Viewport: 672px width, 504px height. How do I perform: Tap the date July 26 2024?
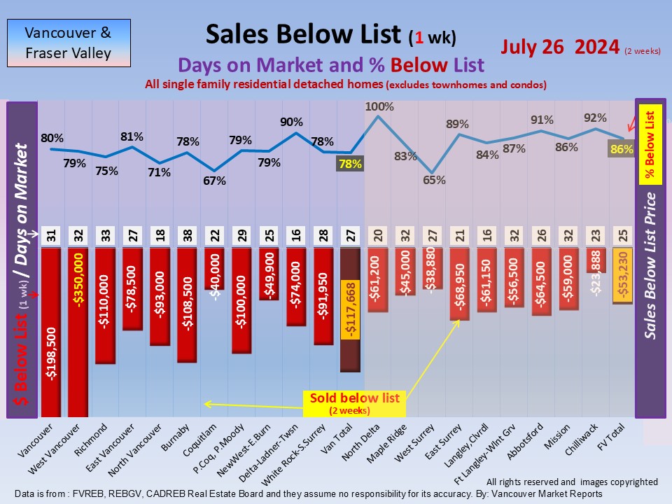pos(561,48)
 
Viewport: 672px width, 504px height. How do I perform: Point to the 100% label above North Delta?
pos(379,107)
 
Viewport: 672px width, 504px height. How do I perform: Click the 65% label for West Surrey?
pos(433,180)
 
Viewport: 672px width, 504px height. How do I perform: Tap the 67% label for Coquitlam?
pos(214,181)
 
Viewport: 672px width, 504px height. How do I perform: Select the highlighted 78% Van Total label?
pos(350,164)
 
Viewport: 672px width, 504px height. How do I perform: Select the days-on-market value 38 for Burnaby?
pos(187,235)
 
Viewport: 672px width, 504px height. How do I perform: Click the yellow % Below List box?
pos(650,143)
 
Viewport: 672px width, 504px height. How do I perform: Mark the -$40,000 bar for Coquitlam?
pos(214,269)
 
